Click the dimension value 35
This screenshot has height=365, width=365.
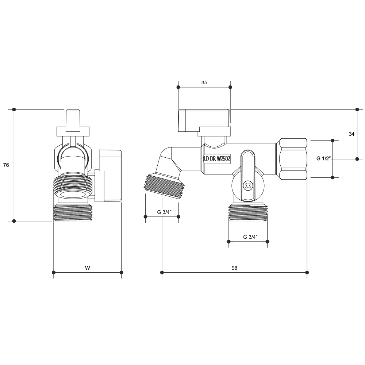pos(204,82)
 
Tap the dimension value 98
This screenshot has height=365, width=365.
pos(234,268)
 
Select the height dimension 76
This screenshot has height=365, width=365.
pos(6,165)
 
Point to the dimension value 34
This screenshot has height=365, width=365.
pos(351,134)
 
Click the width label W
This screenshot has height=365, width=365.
pos(87,268)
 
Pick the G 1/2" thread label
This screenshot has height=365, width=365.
pos(323,158)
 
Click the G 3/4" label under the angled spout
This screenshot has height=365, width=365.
pos(164,212)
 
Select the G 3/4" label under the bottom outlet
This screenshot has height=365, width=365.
pos(250,237)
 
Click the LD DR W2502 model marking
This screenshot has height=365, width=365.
pos(217,159)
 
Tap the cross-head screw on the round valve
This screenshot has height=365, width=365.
pos(248,185)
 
